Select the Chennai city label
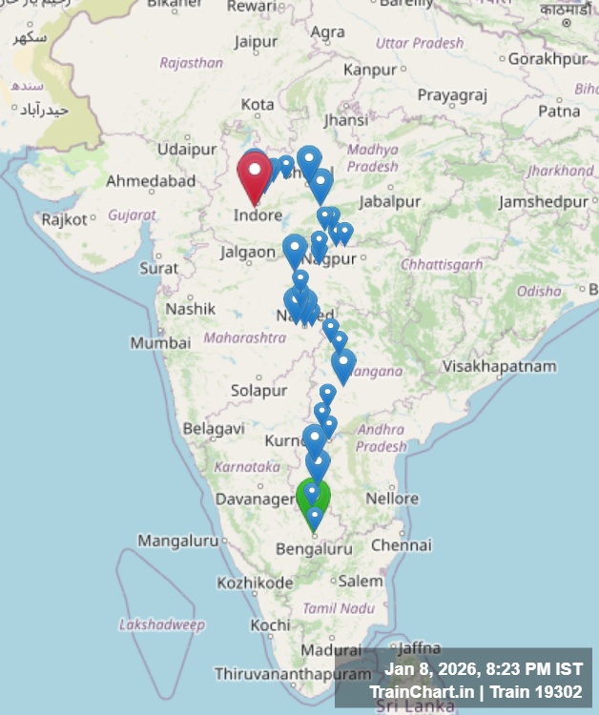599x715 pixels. tap(401, 545)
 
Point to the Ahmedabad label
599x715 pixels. tap(151, 181)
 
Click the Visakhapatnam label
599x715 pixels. tap(500, 367)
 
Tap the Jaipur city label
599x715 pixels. tap(256, 42)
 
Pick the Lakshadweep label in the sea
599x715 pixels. tap(161, 625)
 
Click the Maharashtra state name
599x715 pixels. tap(244, 337)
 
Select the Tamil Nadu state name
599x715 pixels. tap(339, 608)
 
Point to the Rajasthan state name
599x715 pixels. tap(191, 63)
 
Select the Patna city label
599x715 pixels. tap(559, 112)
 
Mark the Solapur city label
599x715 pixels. tap(258, 391)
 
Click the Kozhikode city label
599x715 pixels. tap(255, 582)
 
